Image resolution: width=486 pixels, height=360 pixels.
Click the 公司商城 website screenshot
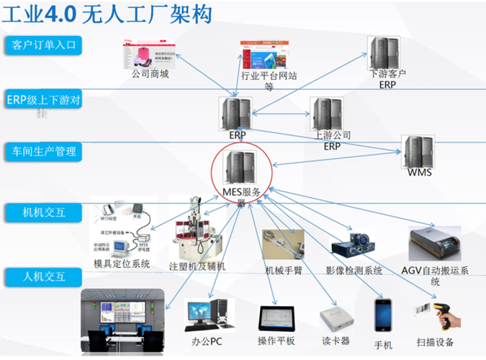coord(150,54)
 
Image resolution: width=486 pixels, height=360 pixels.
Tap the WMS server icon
coord(418,153)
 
